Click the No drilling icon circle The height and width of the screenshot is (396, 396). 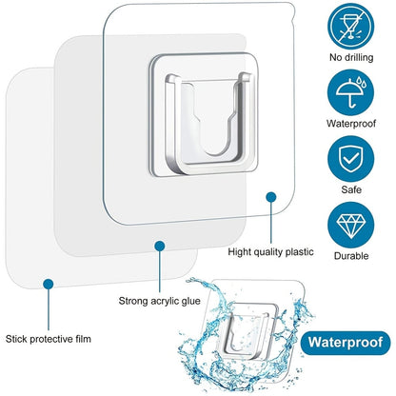(x=351, y=26)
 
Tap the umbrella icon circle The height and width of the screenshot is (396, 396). (x=351, y=92)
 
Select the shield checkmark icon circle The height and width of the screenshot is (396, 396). (x=351, y=159)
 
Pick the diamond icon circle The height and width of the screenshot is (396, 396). (x=351, y=225)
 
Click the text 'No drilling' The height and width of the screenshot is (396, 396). (x=351, y=57)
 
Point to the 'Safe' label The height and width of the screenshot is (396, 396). (x=351, y=189)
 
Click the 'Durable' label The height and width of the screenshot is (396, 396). (x=351, y=256)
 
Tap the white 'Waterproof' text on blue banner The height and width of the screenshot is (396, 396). (x=346, y=343)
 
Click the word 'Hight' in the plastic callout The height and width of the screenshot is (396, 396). (x=239, y=252)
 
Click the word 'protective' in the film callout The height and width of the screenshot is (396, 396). (x=48, y=339)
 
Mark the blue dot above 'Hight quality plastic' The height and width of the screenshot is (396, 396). (x=270, y=197)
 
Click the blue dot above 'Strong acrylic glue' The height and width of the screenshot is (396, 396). (x=160, y=246)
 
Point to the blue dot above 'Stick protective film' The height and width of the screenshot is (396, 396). (x=49, y=284)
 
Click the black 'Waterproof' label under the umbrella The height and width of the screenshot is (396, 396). (x=351, y=124)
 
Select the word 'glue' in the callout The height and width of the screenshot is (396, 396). (x=190, y=301)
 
